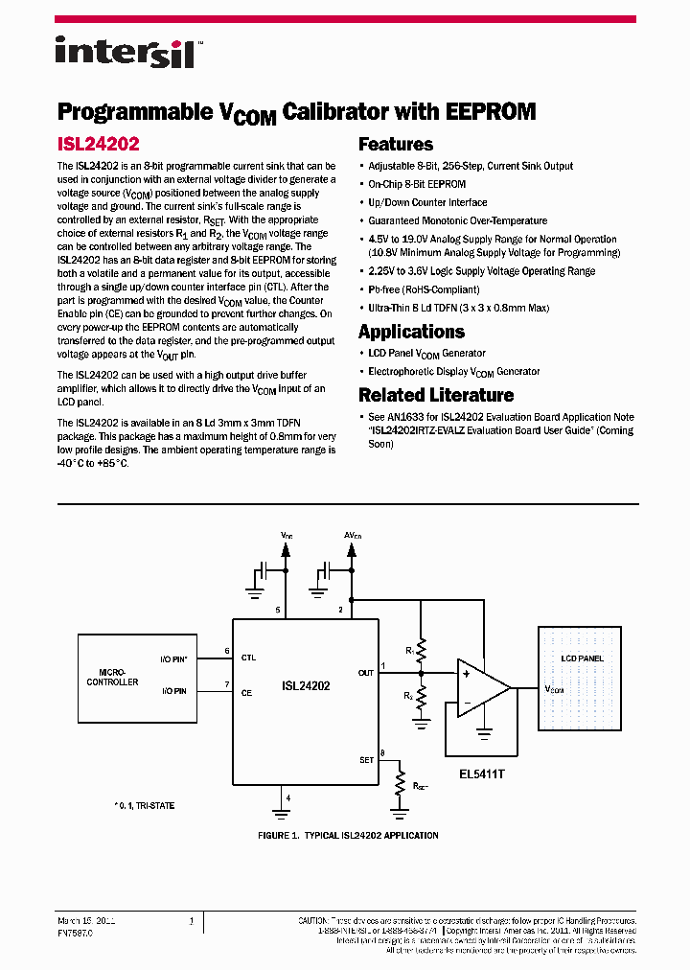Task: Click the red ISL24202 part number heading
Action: (99, 144)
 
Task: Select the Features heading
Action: (396, 145)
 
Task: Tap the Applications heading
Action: (411, 332)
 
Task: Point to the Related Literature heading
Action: (436, 395)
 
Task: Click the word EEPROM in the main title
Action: (491, 111)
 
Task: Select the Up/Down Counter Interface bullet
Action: (427, 202)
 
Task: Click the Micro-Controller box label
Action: (112, 677)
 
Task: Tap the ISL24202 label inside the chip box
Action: (306, 686)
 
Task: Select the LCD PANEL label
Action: (582, 658)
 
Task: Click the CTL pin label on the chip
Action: (249, 658)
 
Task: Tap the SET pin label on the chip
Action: (366, 760)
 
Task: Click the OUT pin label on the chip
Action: (365, 673)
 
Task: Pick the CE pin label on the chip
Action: (247, 692)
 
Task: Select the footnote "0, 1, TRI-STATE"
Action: (145, 806)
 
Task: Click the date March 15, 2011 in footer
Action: (86, 920)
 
